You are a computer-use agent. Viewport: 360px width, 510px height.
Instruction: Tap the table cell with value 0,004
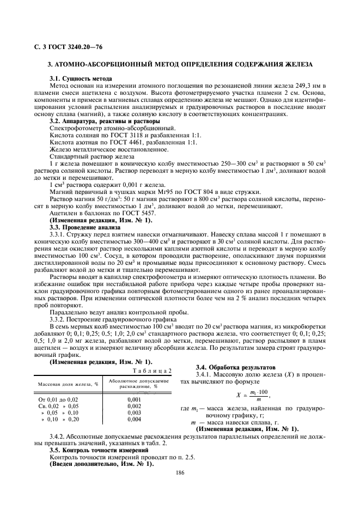tap(134, 420)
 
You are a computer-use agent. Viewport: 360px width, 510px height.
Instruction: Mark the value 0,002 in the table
tap(134, 406)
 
